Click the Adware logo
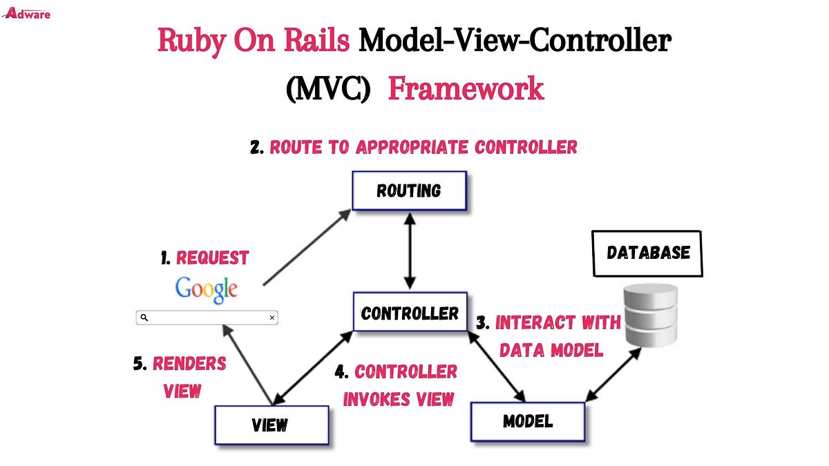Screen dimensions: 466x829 pos(28,12)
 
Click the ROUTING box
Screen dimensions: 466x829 pos(409,190)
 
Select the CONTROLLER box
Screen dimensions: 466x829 pos(410,313)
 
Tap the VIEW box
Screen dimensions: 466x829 pos(270,425)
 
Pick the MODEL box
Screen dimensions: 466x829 pos(527,421)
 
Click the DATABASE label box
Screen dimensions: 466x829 pos(648,253)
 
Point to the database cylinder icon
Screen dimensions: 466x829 pos(651,317)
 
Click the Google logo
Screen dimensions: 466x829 pos(206,289)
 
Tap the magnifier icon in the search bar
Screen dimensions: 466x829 pos(144,318)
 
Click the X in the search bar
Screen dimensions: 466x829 pos(272,318)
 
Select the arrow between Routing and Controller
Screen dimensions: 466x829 pos(410,250)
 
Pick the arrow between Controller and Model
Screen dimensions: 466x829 pos(497,366)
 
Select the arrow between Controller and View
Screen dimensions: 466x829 pos(314,367)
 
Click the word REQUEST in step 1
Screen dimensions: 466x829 pos(212,258)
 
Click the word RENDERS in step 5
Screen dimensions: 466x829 pos(189,364)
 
